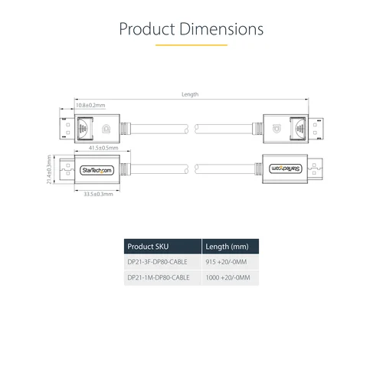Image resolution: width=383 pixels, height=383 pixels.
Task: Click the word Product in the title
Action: coord(147,28)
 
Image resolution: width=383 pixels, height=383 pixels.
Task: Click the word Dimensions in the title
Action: coord(221,28)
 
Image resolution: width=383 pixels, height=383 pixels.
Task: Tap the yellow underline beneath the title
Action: coord(191,45)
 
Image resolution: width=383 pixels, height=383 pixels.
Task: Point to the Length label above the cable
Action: coord(190,94)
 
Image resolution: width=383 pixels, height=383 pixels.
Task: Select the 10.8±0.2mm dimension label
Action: coord(90,105)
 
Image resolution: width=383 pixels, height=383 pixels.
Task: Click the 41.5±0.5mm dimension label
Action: coord(103,148)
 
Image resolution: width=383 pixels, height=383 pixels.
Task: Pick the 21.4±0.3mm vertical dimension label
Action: coord(49,169)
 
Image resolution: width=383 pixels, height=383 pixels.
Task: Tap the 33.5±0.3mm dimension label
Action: coord(98,194)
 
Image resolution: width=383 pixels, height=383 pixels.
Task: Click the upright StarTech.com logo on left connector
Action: coord(97,170)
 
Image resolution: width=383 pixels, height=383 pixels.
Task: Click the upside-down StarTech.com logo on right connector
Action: coord(286,169)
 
